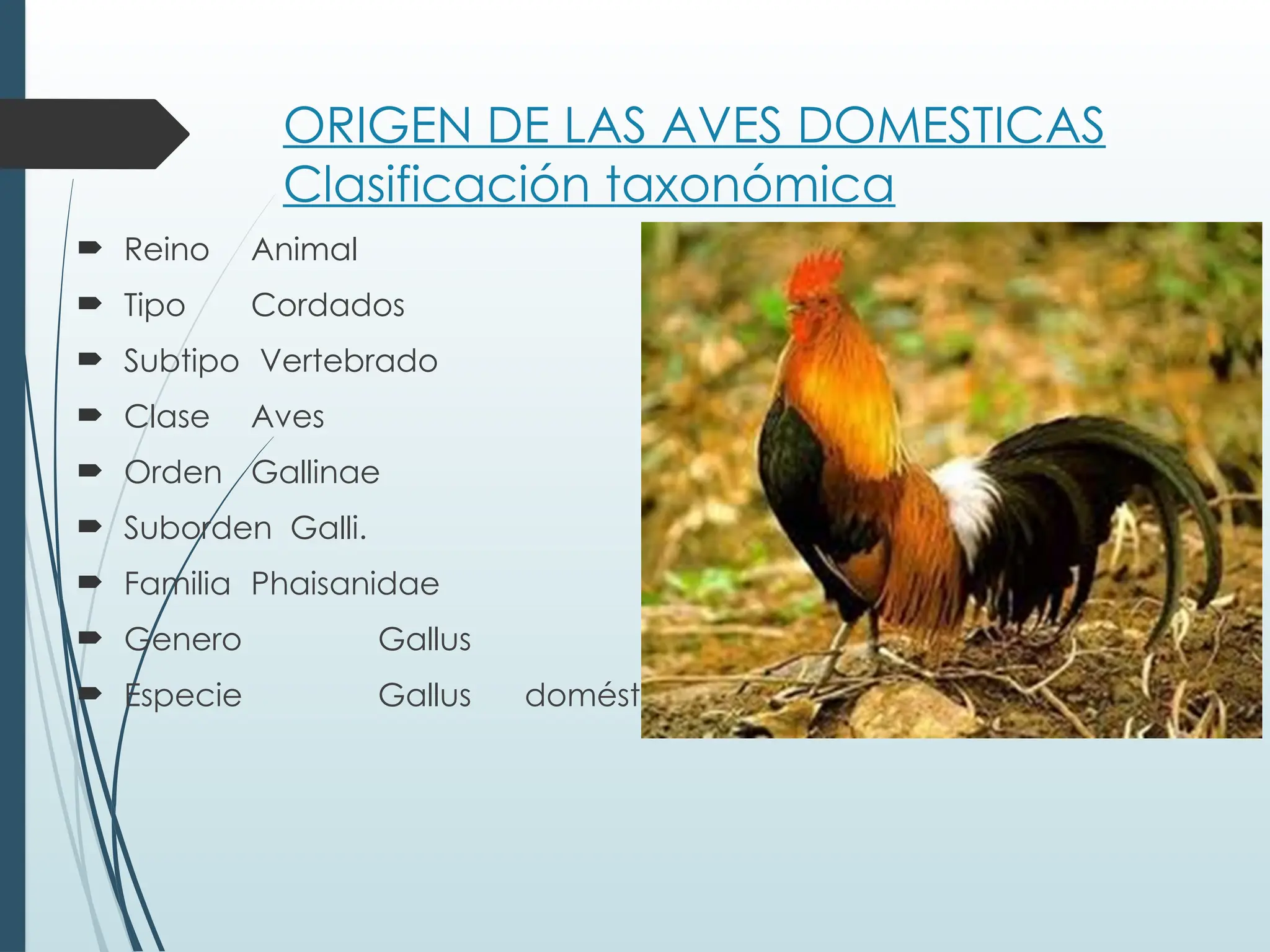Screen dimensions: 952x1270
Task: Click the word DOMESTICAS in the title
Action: coord(951,126)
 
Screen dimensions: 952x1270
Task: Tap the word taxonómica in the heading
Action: coord(750,184)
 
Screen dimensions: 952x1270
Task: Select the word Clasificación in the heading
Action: coord(436,184)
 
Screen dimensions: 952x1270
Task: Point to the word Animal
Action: coord(304,250)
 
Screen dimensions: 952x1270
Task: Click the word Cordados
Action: coord(327,306)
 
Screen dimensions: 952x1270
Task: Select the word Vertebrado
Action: coord(349,361)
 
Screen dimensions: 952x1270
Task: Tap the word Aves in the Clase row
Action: coord(288,417)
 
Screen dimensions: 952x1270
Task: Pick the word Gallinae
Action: coord(315,473)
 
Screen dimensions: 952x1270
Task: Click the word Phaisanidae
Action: coord(345,584)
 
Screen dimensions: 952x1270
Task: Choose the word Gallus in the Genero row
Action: coord(425,640)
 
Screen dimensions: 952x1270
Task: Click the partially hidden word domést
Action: coord(582,695)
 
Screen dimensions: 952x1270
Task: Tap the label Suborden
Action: coord(197,529)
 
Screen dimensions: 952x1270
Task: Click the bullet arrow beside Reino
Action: coord(90,249)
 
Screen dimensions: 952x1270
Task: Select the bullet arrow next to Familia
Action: coord(90,582)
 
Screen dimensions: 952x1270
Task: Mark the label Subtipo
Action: coord(181,361)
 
